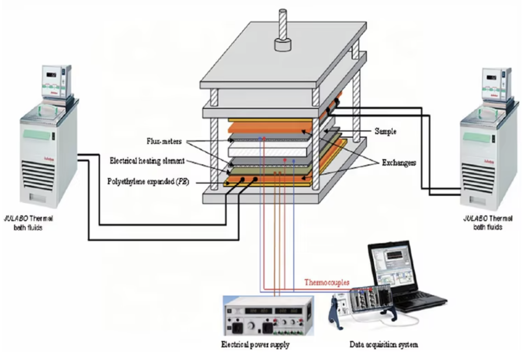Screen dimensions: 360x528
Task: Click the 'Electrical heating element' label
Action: click(x=147, y=161)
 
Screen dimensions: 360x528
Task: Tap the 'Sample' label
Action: click(x=386, y=131)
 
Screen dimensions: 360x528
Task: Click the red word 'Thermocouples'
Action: click(x=327, y=283)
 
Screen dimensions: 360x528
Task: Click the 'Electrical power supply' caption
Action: click(x=255, y=345)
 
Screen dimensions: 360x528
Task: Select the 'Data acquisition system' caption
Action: click(x=383, y=345)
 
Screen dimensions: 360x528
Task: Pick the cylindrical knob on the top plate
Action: click(x=282, y=44)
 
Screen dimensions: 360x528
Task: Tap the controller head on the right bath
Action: click(x=496, y=83)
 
